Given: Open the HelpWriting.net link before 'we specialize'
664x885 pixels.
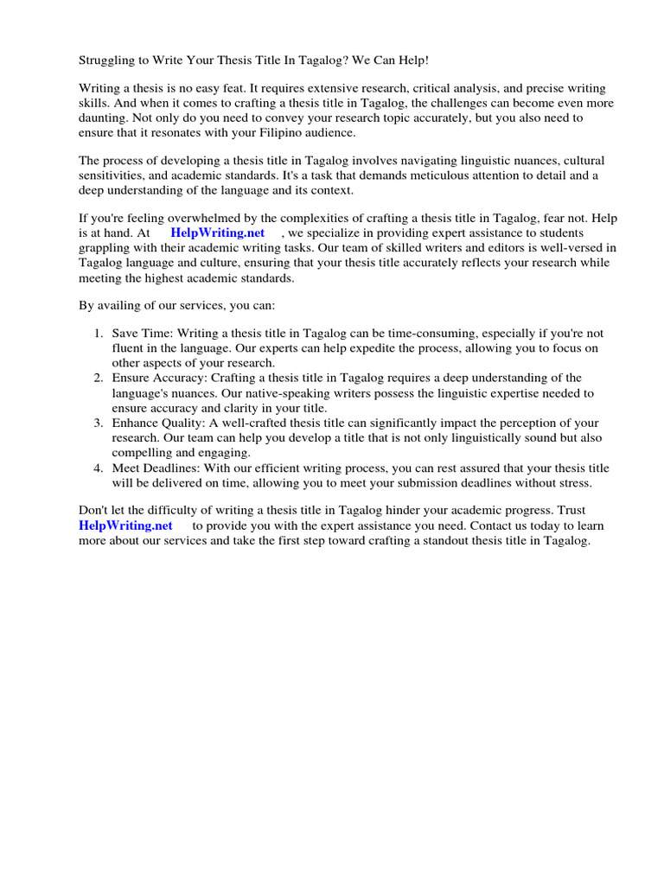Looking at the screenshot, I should [x=217, y=233].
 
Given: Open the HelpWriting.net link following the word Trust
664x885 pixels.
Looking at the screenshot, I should [x=125, y=525].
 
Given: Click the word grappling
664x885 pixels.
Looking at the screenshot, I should [x=107, y=248].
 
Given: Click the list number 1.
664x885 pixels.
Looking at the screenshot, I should [x=98, y=334].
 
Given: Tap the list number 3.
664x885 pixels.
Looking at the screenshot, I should [x=98, y=423].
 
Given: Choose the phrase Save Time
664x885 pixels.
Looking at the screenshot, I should [x=140, y=334].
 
